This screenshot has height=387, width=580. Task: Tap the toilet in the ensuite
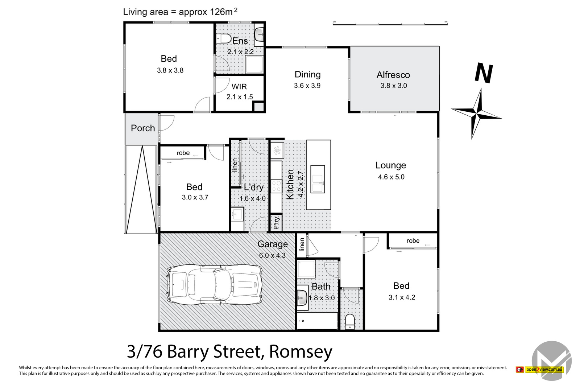tap(224, 38)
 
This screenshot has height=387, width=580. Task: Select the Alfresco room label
tap(393, 75)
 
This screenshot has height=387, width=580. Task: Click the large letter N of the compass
tap(484, 73)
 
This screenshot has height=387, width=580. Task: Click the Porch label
tap(142, 128)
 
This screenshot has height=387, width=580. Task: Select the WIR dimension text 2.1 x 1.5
tap(239, 97)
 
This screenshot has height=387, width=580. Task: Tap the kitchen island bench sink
tap(318, 179)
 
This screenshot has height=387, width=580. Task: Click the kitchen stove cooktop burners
tap(276, 186)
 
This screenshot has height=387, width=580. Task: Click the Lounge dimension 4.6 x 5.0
tap(391, 177)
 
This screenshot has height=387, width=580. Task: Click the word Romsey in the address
tap(301, 351)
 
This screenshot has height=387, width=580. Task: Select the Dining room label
tap(307, 74)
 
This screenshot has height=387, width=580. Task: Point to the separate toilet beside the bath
tap(349, 321)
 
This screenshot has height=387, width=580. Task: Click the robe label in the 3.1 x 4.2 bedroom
tap(413, 240)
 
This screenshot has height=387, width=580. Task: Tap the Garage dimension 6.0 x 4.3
tap(272, 255)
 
